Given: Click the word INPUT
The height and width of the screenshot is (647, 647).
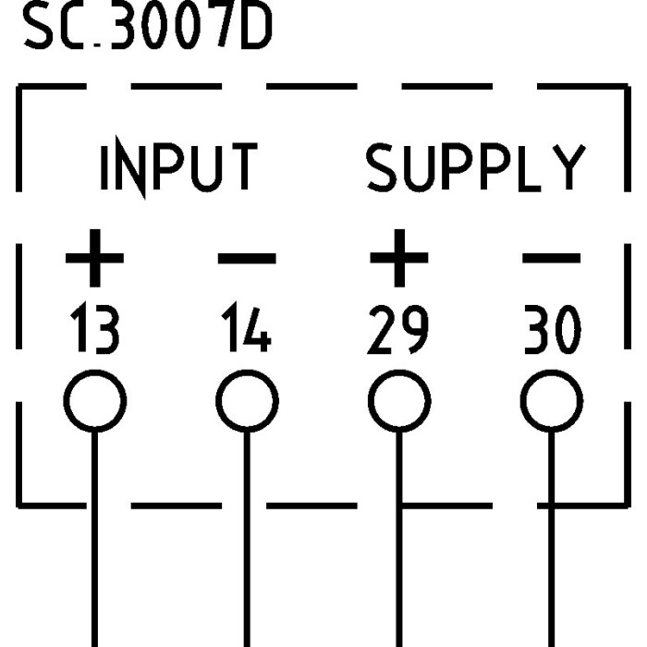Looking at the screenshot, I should [178, 168].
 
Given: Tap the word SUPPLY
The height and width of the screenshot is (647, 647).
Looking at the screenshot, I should [476, 168].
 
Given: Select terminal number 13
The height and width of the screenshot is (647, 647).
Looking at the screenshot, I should [94, 332].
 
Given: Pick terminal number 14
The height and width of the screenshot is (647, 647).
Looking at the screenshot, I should [246, 332].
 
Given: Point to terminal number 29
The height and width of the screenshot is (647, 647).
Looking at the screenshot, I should [398, 332].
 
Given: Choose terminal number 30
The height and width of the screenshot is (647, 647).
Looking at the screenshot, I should [552, 332].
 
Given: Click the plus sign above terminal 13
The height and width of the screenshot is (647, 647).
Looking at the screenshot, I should [94, 258].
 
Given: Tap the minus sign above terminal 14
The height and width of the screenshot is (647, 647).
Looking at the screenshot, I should [246, 258].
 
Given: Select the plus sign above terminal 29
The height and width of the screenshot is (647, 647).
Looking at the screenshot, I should [398, 258].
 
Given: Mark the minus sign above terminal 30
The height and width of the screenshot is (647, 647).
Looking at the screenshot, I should [552, 258].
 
